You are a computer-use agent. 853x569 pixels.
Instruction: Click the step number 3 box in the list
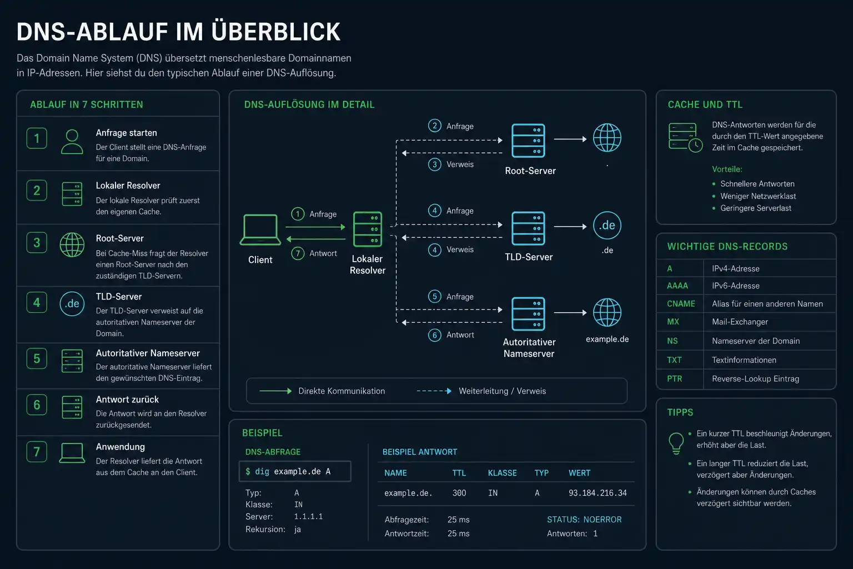(x=37, y=242)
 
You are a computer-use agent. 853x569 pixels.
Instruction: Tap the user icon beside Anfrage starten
(x=72, y=142)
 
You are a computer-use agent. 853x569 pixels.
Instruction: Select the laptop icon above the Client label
(x=260, y=229)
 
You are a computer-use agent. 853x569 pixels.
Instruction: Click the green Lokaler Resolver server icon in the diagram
(x=368, y=229)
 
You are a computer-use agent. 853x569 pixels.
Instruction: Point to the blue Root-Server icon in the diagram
(x=528, y=140)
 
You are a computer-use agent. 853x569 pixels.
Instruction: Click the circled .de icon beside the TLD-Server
(x=607, y=225)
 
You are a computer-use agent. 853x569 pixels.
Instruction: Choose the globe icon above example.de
(x=607, y=312)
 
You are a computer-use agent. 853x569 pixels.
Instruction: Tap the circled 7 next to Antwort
(x=298, y=253)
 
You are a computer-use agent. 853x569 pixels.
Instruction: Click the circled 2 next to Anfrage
(x=434, y=126)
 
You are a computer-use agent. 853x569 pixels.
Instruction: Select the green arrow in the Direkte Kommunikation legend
(x=275, y=391)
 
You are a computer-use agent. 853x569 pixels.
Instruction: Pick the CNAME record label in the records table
(x=681, y=304)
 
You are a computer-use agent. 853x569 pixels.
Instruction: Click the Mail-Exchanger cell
(x=740, y=322)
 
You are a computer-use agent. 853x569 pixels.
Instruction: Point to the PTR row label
(x=674, y=379)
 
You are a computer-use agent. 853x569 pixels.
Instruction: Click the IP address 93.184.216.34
(x=598, y=493)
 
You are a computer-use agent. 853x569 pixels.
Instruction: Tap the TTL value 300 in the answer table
(x=459, y=493)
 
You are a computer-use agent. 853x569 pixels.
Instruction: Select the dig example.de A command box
(x=295, y=471)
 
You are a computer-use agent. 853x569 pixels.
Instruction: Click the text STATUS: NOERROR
(x=584, y=520)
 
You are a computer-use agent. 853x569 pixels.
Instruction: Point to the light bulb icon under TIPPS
(x=676, y=443)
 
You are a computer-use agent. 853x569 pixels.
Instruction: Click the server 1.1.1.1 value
(x=308, y=516)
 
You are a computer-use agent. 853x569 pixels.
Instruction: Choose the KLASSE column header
(x=502, y=473)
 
